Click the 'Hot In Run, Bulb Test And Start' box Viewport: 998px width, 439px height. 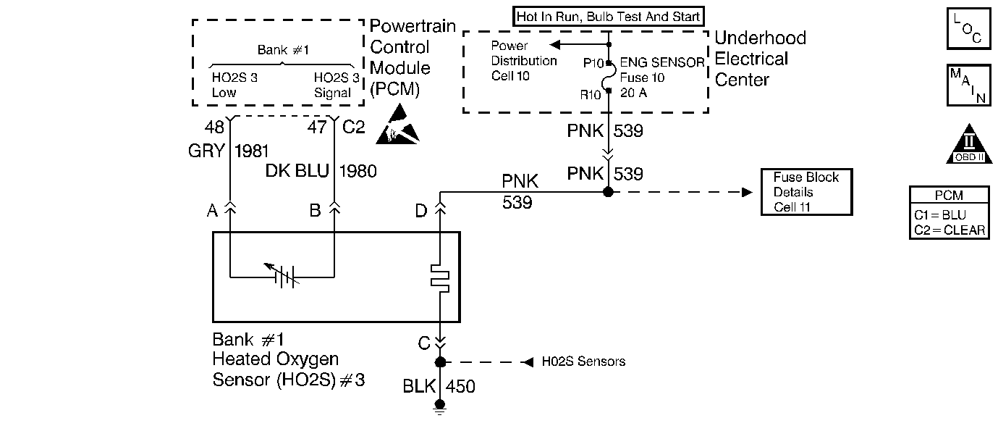[609, 16]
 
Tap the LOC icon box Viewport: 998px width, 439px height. [968, 29]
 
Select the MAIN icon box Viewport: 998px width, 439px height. [968, 85]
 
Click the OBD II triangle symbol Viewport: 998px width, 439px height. [968, 144]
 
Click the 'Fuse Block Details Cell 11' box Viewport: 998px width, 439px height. [805, 192]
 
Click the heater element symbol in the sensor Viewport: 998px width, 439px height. [439, 276]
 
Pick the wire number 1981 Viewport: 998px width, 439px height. [252, 152]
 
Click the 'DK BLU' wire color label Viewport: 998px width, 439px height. [297, 172]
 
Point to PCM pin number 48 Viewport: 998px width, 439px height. [214, 127]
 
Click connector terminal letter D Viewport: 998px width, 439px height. [420, 211]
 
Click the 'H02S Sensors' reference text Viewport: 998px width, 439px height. [583, 361]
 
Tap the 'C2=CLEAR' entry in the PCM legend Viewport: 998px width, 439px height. [948, 231]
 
